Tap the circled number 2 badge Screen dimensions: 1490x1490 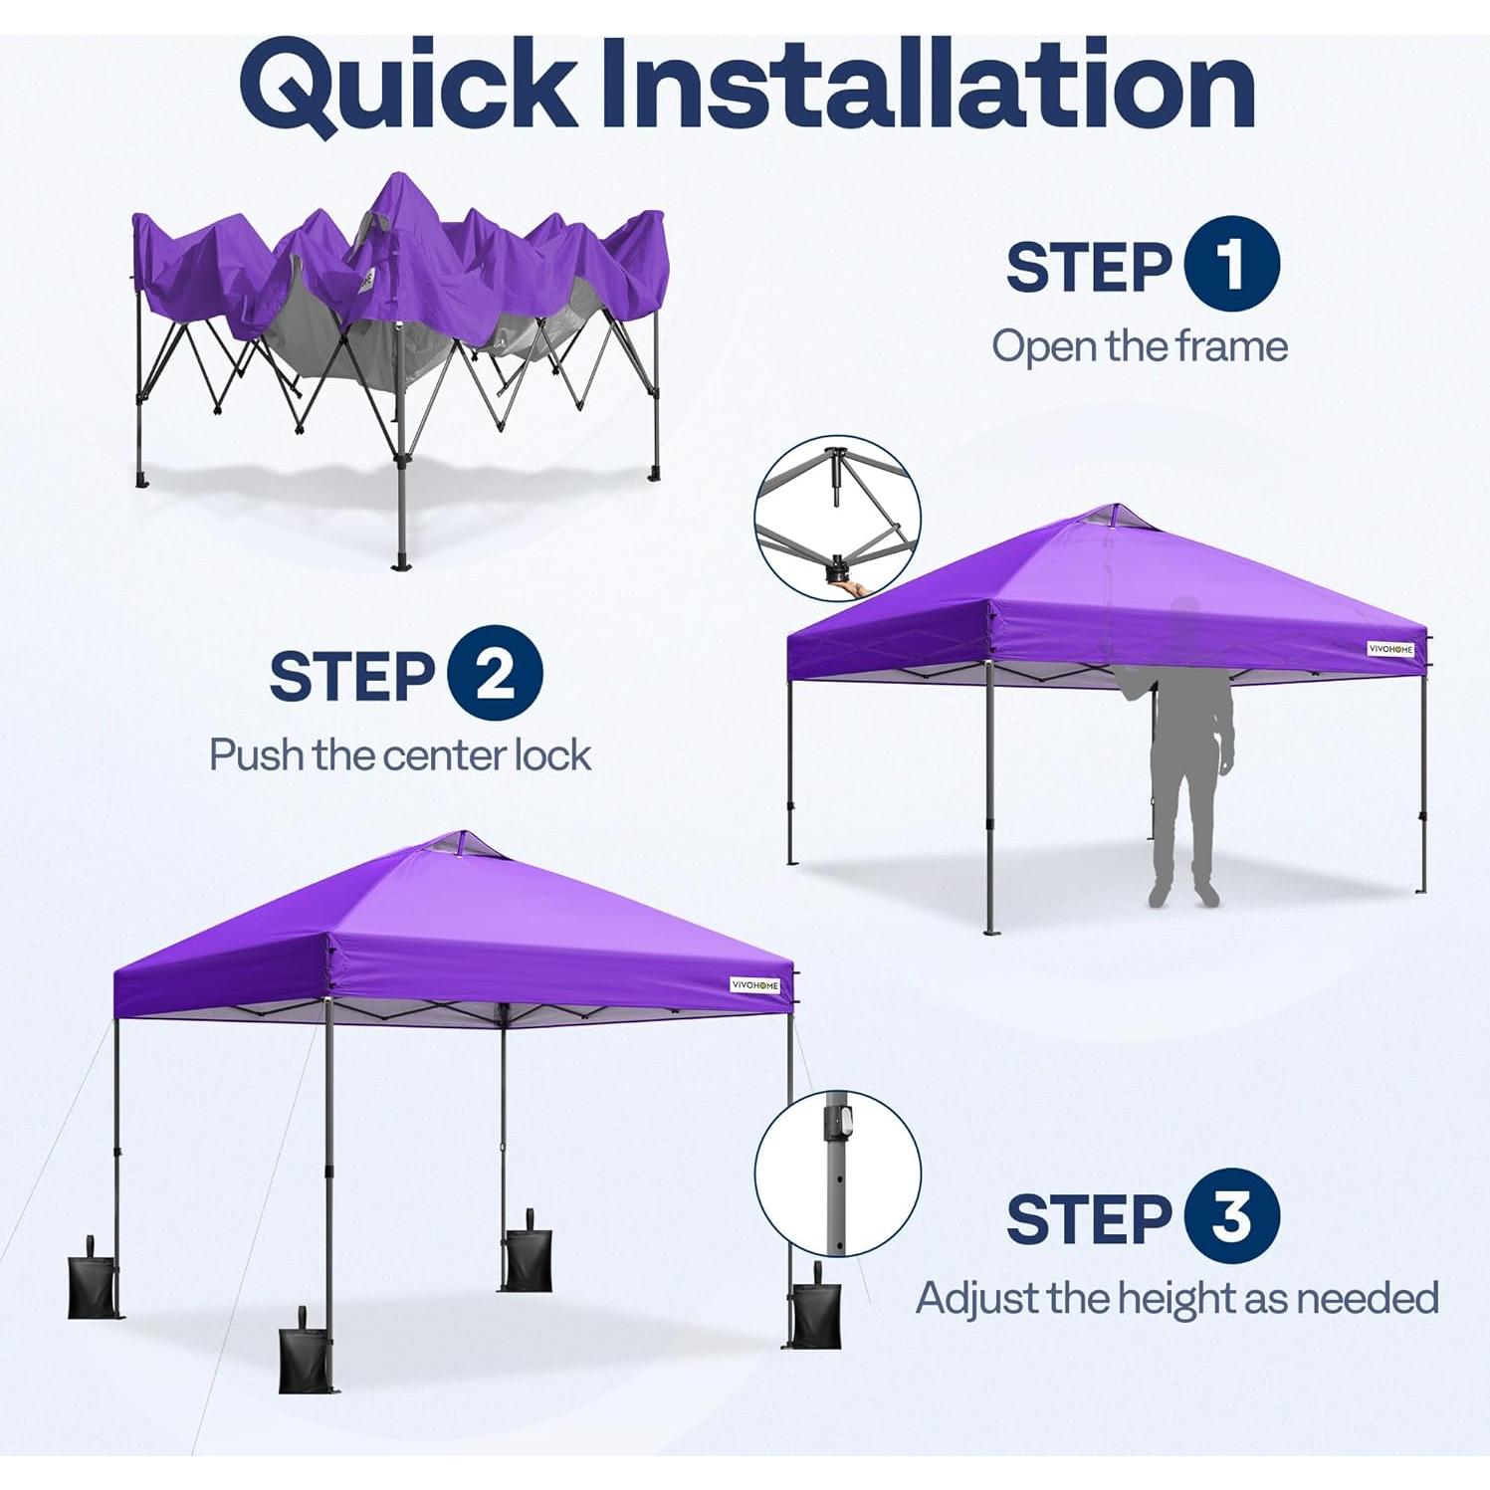[495, 674]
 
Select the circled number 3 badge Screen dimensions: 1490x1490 [1231, 1216]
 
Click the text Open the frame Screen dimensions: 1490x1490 [1139, 346]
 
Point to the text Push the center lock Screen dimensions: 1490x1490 [400, 755]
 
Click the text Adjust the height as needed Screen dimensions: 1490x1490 [1176, 1298]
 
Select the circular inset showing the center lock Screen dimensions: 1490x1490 [837, 519]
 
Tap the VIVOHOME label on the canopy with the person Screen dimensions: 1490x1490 [1390, 649]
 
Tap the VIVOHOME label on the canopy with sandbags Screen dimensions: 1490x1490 [755, 985]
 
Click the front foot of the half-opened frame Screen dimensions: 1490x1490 [402, 561]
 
